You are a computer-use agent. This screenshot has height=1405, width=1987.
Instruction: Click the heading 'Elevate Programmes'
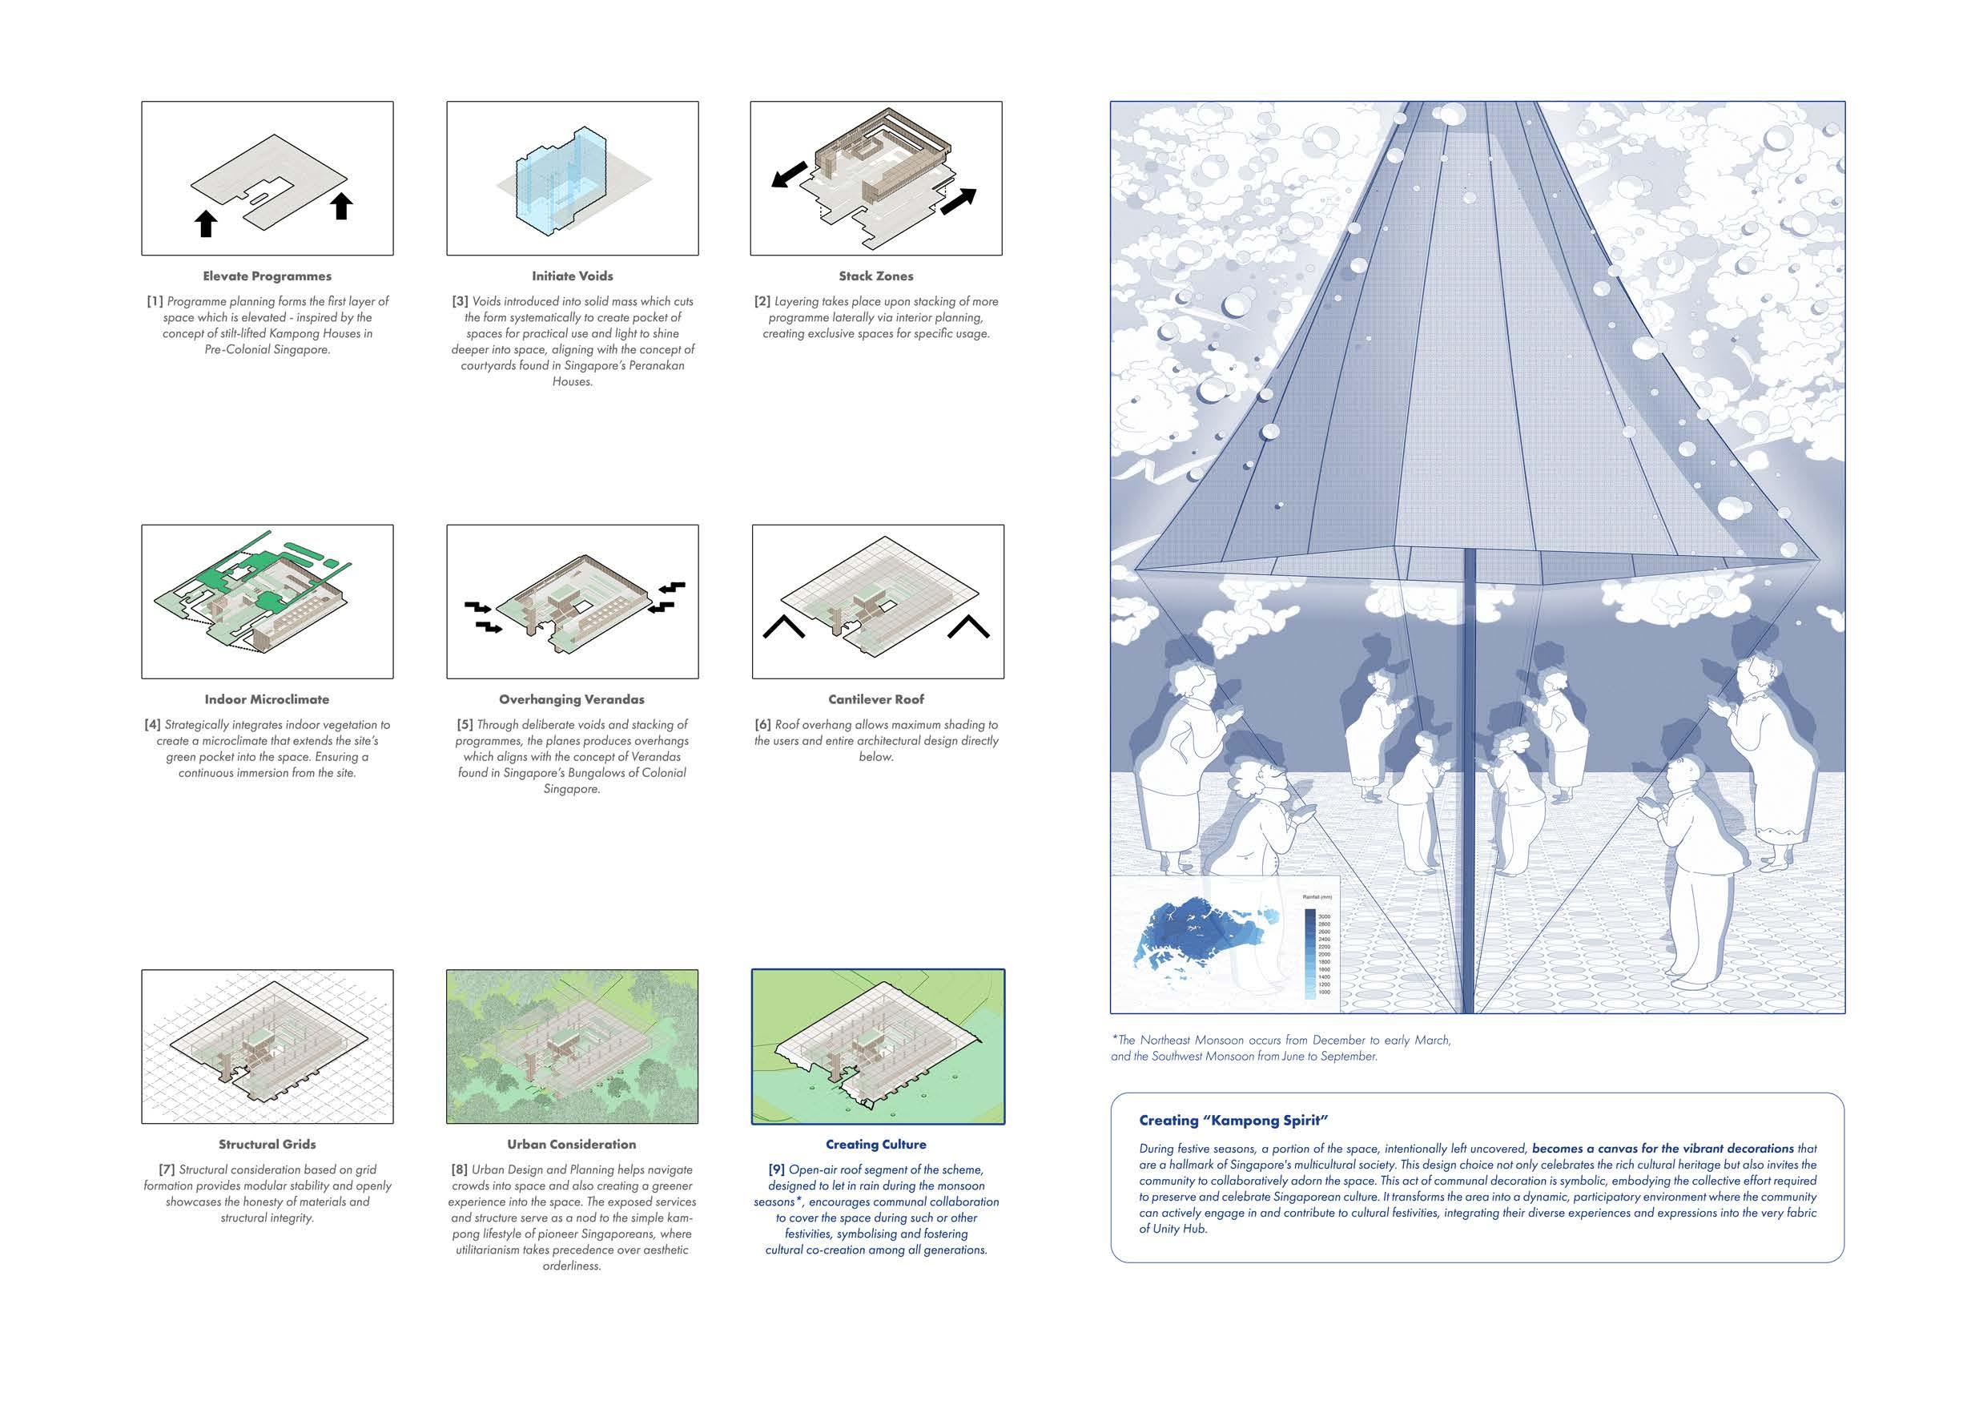267,276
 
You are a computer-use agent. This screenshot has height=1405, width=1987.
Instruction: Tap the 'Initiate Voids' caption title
572,276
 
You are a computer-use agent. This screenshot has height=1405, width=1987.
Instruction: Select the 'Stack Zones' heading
876,276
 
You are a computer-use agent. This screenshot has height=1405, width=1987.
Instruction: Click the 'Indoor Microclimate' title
267,699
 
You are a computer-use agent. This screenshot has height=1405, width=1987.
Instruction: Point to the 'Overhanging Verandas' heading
571,699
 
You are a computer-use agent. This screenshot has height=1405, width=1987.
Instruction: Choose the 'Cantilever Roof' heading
876,699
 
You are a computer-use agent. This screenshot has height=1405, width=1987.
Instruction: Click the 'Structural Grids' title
267,1145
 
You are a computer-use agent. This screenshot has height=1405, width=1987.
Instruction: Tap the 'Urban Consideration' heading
571,1145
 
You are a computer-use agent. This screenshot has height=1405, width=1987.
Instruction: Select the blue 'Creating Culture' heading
876,1145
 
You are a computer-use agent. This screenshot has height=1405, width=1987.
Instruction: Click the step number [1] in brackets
155,301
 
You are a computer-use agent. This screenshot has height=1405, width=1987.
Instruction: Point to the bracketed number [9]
776,1169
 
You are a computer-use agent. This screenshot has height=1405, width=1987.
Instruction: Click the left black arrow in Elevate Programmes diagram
205,223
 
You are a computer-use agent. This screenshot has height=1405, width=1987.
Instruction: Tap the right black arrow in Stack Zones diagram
958,201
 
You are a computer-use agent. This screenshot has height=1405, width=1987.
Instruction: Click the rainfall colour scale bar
1309,952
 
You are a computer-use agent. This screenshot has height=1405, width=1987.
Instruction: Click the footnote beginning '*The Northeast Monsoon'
1281,1049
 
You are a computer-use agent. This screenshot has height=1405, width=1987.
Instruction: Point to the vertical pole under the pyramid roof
1468,779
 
